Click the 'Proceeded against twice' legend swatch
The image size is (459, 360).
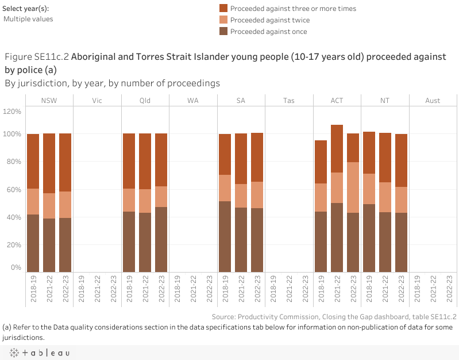[x=223, y=20]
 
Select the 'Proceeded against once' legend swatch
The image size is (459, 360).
[x=223, y=32]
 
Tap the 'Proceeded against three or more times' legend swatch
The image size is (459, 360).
[x=223, y=9]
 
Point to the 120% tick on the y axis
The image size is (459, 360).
[x=13, y=111]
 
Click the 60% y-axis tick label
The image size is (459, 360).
[x=14, y=190]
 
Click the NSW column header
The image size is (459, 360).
[x=49, y=101]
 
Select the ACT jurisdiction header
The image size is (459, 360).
[x=337, y=101]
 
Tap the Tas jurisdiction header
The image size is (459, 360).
[x=289, y=101]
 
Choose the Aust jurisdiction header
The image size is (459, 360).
[x=433, y=101]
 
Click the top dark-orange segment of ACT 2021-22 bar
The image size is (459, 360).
[x=337, y=148]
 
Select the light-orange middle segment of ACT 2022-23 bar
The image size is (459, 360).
[x=353, y=187]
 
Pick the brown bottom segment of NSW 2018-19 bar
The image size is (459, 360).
[x=33, y=243]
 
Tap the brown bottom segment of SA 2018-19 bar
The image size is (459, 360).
[x=225, y=236]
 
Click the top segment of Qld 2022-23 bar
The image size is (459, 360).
[x=161, y=160]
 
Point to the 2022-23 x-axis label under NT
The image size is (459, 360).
[x=401, y=289]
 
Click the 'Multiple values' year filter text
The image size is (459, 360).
[x=28, y=19]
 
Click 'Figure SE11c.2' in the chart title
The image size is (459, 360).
[x=37, y=57]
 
